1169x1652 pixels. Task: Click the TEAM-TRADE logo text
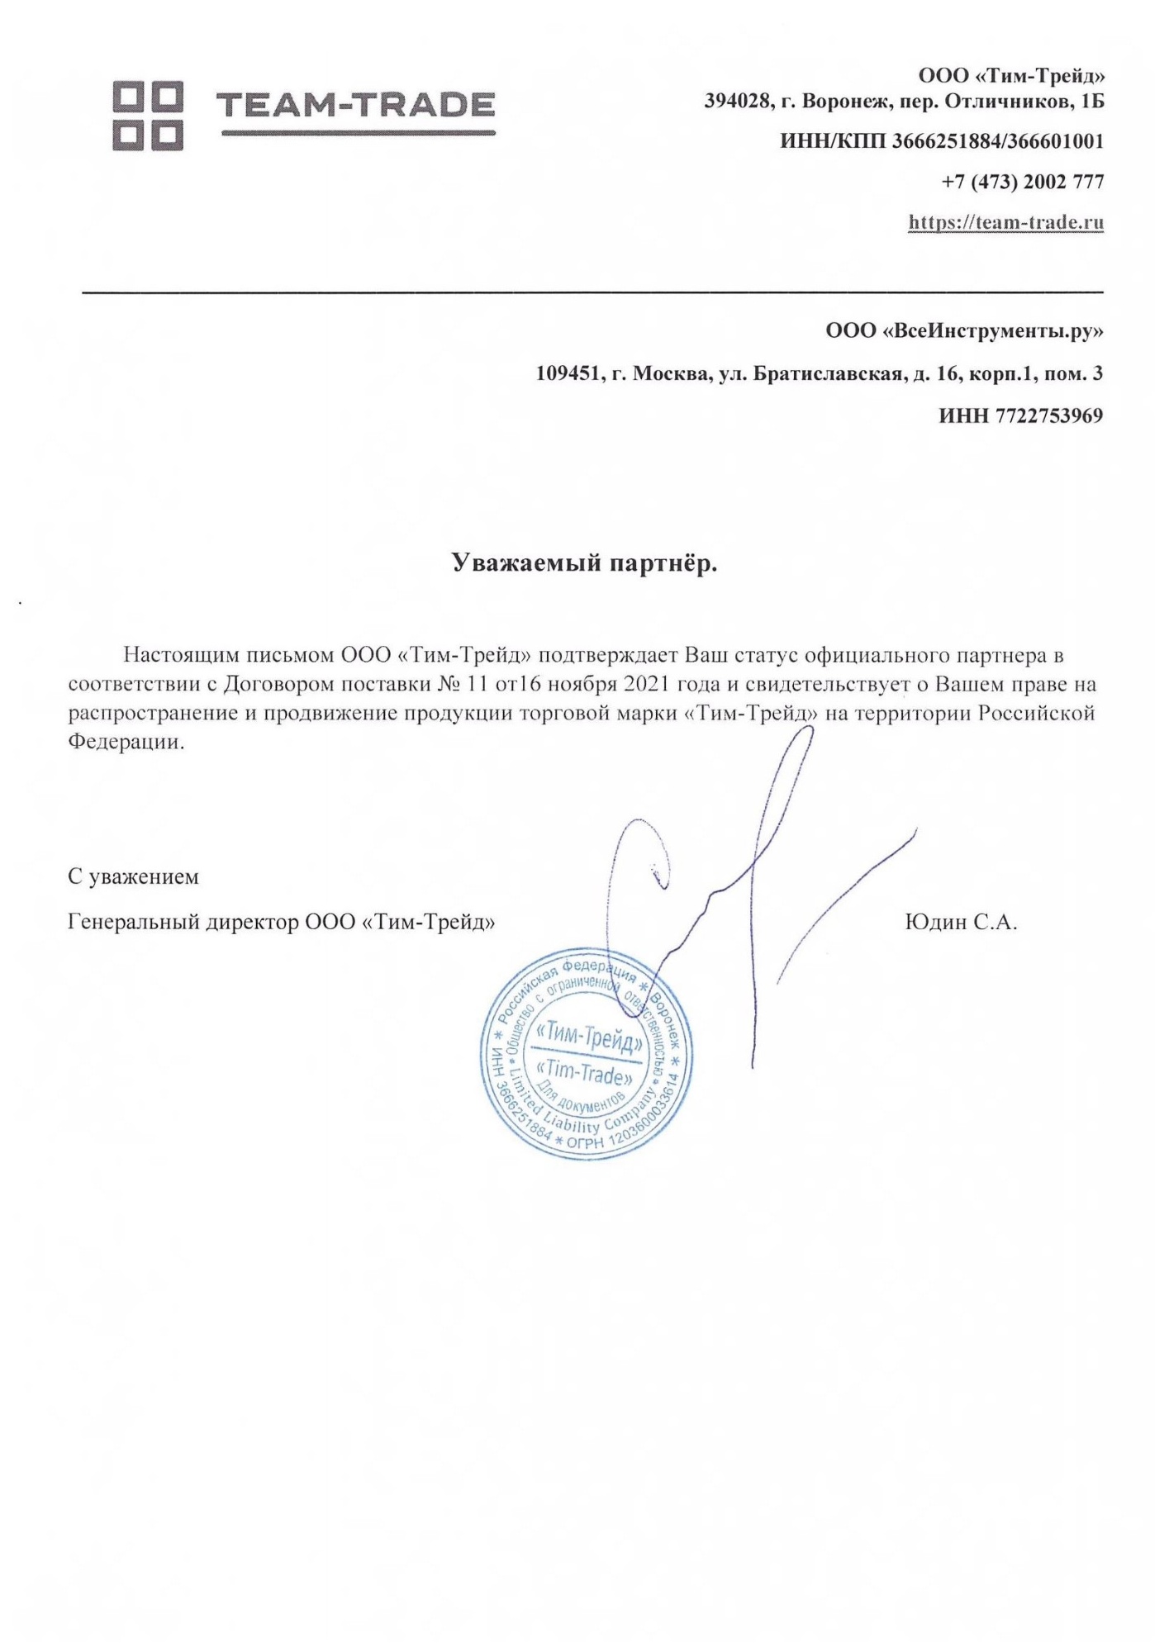pyautogui.click(x=355, y=106)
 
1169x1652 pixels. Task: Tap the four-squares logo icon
pyautogui.click(x=148, y=116)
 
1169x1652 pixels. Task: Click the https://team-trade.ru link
pyautogui.click(x=1005, y=222)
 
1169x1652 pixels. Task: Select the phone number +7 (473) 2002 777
pyautogui.click(x=1022, y=182)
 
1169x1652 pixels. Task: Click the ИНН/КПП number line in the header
pyautogui.click(x=942, y=141)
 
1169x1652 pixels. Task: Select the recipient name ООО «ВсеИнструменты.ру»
pyautogui.click(x=964, y=331)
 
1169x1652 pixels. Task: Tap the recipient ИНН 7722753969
pyautogui.click(x=1020, y=415)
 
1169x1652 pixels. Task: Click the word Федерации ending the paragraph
pyautogui.click(x=125, y=742)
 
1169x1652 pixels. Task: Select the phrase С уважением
pyautogui.click(x=133, y=876)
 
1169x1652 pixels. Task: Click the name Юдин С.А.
pyautogui.click(x=961, y=922)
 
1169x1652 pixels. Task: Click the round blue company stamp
pyautogui.click(x=587, y=1053)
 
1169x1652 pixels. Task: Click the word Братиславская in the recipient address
pyautogui.click(x=825, y=374)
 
